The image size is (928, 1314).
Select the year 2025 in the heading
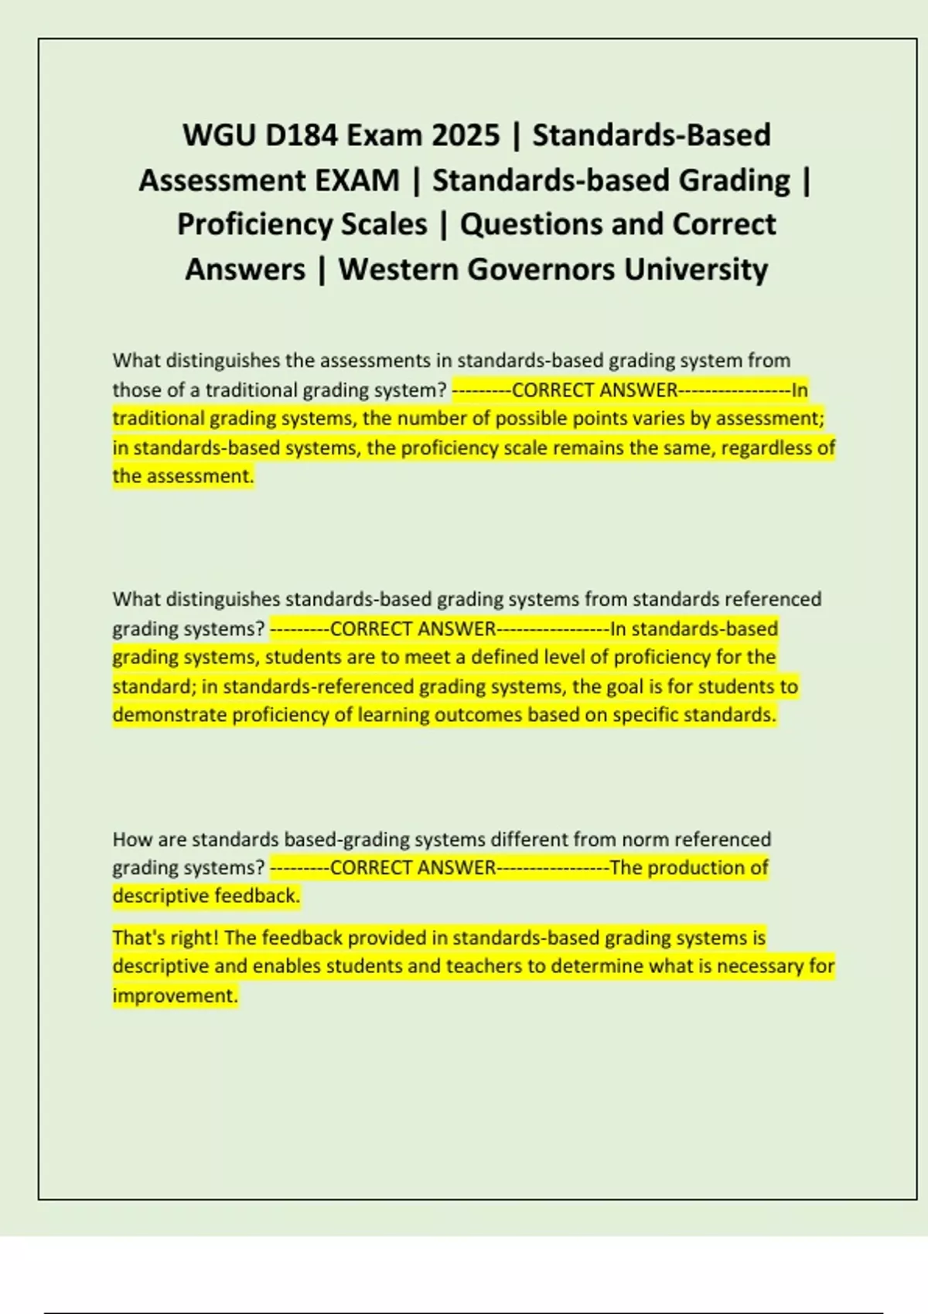point(466,135)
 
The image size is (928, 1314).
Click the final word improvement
point(174,996)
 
